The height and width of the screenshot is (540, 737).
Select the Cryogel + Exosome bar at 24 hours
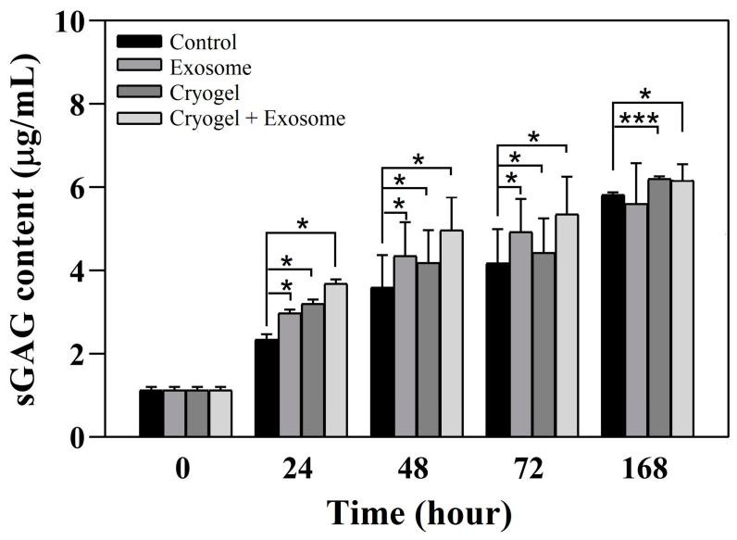tap(335, 360)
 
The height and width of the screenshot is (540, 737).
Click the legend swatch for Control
tap(139, 42)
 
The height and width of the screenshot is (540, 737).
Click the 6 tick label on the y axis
tap(81, 188)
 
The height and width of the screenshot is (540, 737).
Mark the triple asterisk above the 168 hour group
tap(640, 119)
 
